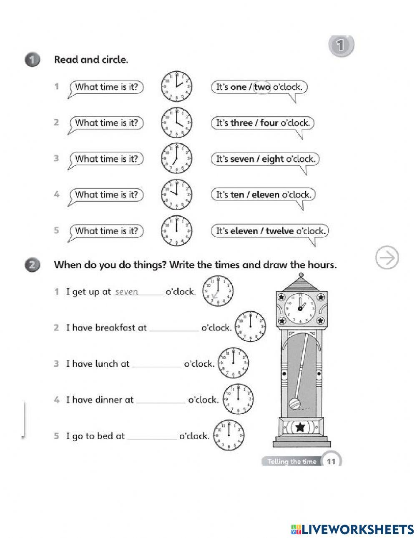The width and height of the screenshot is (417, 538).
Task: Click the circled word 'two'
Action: pyautogui.click(x=262, y=87)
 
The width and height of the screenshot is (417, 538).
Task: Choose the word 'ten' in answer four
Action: pyautogui.click(x=237, y=195)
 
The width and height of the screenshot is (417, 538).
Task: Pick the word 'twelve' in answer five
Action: pyautogui.click(x=279, y=230)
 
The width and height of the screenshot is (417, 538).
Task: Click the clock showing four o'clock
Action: pyautogui.click(x=176, y=123)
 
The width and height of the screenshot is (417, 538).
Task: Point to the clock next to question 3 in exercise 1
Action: pyautogui.click(x=176, y=158)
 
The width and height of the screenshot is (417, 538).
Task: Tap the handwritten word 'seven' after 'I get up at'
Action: pyautogui.click(x=126, y=292)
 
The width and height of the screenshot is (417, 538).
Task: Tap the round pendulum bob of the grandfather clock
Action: pyautogui.click(x=294, y=404)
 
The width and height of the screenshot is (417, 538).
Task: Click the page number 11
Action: pyautogui.click(x=332, y=461)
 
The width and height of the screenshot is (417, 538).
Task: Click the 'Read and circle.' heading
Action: pyautogui.click(x=91, y=60)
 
